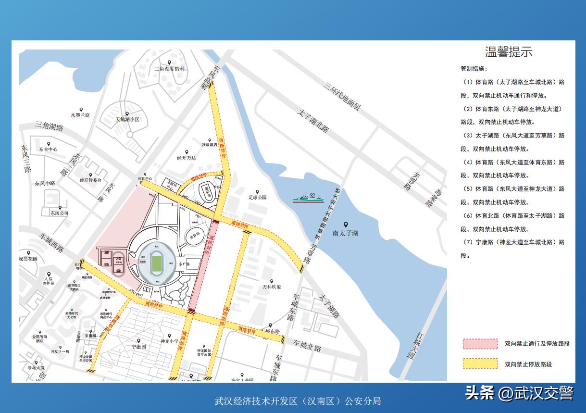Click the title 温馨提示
tap(509, 52)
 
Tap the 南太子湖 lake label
tap(345, 233)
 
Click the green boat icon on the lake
tap(308, 198)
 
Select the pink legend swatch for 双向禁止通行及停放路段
tap(480, 344)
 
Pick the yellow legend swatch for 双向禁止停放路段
tap(480, 364)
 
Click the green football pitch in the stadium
tap(156, 263)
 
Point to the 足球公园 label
tap(257, 197)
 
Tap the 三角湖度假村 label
tap(169, 69)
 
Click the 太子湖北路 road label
tap(313, 122)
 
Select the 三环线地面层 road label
tap(342, 97)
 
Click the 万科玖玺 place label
tap(271, 287)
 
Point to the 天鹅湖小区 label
tap(127, 119)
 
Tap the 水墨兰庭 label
tap(80, 115)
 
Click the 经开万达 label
tap(186, 158)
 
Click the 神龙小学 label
tap(169, 341)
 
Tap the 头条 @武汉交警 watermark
tap(519, 393)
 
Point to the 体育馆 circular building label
tap(195, 236)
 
